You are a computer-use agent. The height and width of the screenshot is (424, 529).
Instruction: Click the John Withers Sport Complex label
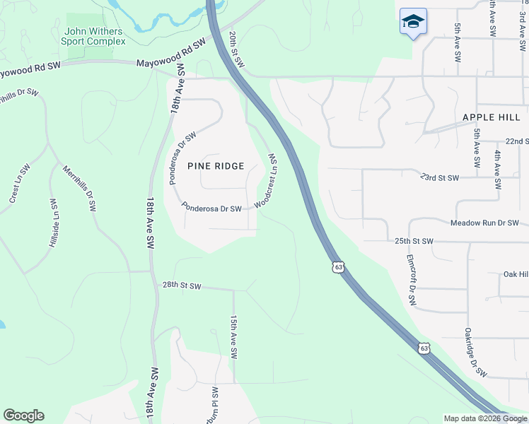[x=93, y=36]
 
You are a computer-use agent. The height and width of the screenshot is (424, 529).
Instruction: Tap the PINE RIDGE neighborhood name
[x=216, y=166]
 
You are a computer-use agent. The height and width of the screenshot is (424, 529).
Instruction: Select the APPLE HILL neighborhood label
[x=492, y=117]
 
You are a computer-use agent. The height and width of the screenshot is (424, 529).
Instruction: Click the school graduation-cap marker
[x=413, y=23]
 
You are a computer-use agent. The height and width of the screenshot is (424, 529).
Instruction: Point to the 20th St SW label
[x=237, y=49]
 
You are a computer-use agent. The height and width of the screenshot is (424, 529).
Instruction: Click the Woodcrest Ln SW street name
[x=267, y=180]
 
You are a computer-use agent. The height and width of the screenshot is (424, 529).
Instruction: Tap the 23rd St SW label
[x=439, y=177]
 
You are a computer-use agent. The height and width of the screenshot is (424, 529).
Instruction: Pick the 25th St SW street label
[x=413, y=241]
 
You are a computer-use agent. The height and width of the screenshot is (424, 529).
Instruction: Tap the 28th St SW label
[x=182, y=286]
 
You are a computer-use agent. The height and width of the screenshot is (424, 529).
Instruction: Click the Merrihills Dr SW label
[x=79, y=189]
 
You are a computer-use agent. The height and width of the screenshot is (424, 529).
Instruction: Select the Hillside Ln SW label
[x=54, y=222]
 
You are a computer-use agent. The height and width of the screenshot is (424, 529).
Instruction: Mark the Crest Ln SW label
[x=20, y=184]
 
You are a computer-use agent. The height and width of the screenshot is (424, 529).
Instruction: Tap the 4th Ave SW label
[x=499, y=170]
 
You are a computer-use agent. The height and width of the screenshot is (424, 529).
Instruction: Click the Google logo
[x=23, y=416]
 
